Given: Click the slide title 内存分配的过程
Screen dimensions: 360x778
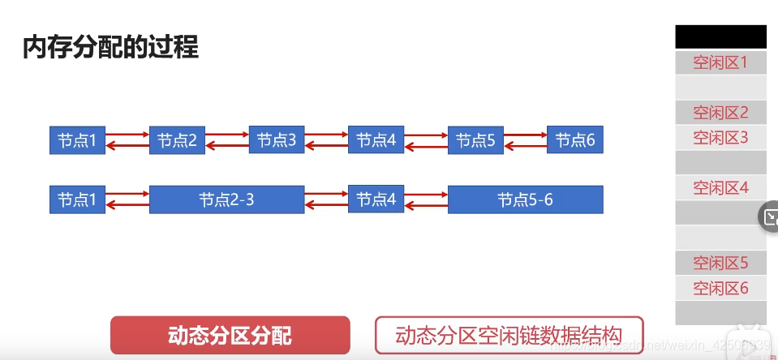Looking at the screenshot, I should [x=110, y=46].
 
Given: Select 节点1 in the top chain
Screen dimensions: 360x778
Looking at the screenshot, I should [x=77, y=140].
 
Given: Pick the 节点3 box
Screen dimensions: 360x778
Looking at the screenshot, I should [x=277, y=140].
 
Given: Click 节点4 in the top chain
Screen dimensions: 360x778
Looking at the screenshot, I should [x=376, y=140].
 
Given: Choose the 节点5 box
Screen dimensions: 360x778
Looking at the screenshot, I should [x=475, y=140].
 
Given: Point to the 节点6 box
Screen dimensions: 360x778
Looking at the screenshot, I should [x=575, y=140].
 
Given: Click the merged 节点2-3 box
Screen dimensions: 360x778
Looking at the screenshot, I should [x=226, y=199].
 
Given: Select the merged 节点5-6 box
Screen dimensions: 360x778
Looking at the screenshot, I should [x=525, y=199].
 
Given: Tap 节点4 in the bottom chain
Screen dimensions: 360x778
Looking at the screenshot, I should [x=376, y=199].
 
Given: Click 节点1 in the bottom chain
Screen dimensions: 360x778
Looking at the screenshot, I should [x=77, y=199].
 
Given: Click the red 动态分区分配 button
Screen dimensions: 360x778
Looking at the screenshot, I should [x=230, y=335].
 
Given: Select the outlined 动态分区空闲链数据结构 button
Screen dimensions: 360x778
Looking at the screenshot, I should [x=509, y=335].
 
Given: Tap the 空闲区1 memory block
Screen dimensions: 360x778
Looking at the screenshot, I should [x=720, y=62].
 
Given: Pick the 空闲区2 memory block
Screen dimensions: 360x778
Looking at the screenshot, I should [x=720, y=113].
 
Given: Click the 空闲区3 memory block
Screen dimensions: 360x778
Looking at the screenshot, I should [x=720, y=138].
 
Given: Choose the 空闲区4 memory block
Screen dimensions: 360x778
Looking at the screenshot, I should [x=720, y=188].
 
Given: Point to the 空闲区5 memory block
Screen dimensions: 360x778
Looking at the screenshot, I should [x=720, y=264].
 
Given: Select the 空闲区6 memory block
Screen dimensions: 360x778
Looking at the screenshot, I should [x=720, y=288].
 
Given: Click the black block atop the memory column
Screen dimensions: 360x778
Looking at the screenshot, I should [x=720, y=36].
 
